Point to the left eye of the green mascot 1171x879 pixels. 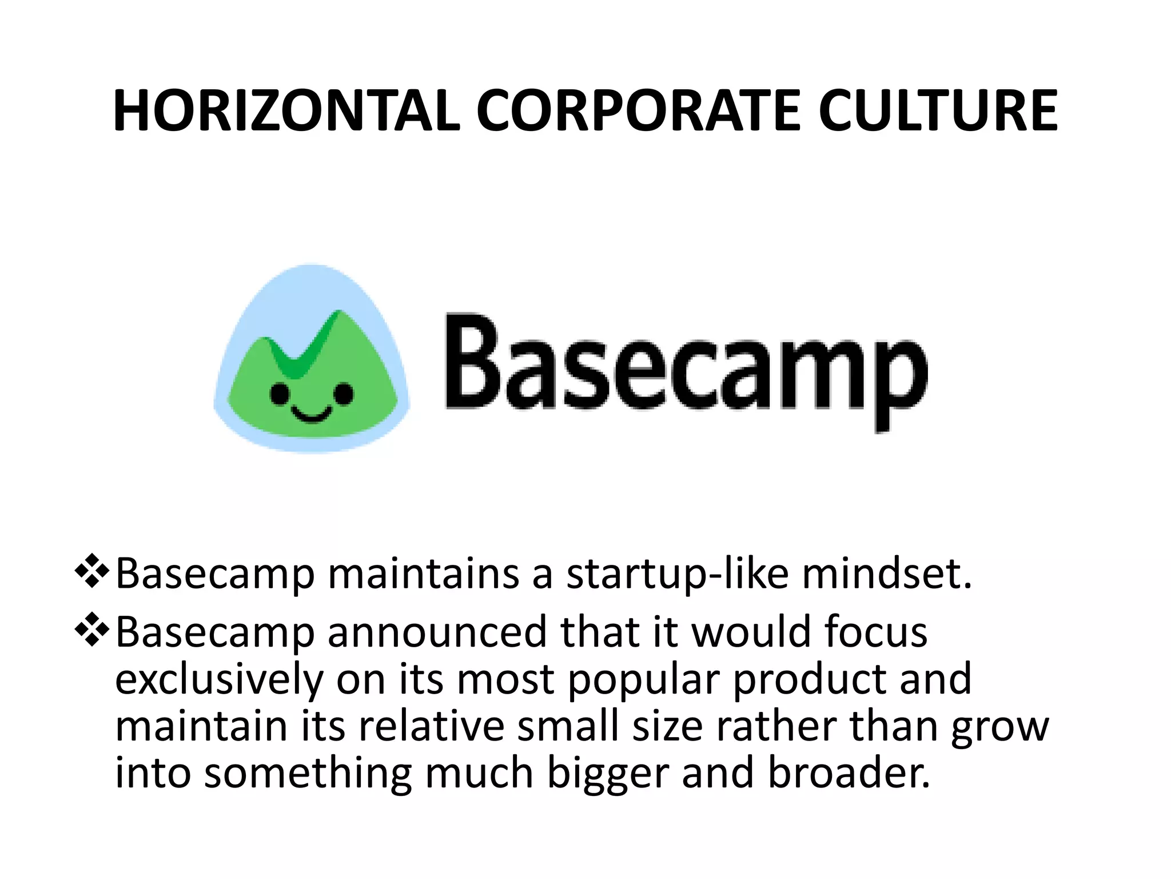point(280,393)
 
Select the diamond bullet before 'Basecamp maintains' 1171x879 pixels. point(91,572)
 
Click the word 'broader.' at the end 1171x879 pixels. point(849,773)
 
